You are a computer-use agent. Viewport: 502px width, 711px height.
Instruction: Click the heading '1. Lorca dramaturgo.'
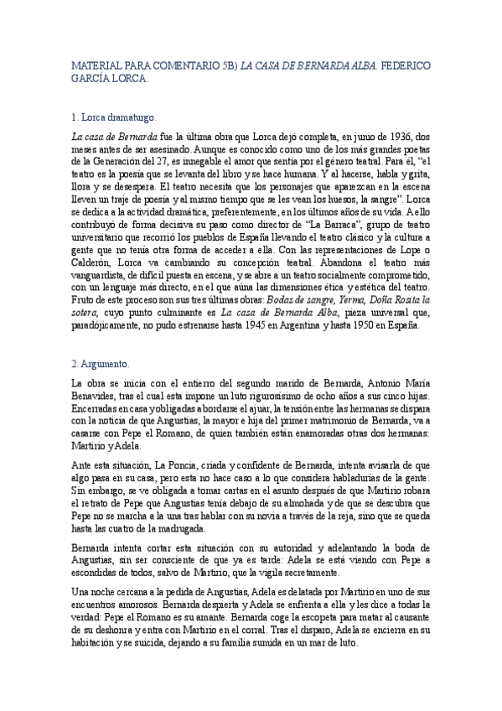click(111, 117)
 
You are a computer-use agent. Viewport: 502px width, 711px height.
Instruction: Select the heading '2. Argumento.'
click(100, 364)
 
